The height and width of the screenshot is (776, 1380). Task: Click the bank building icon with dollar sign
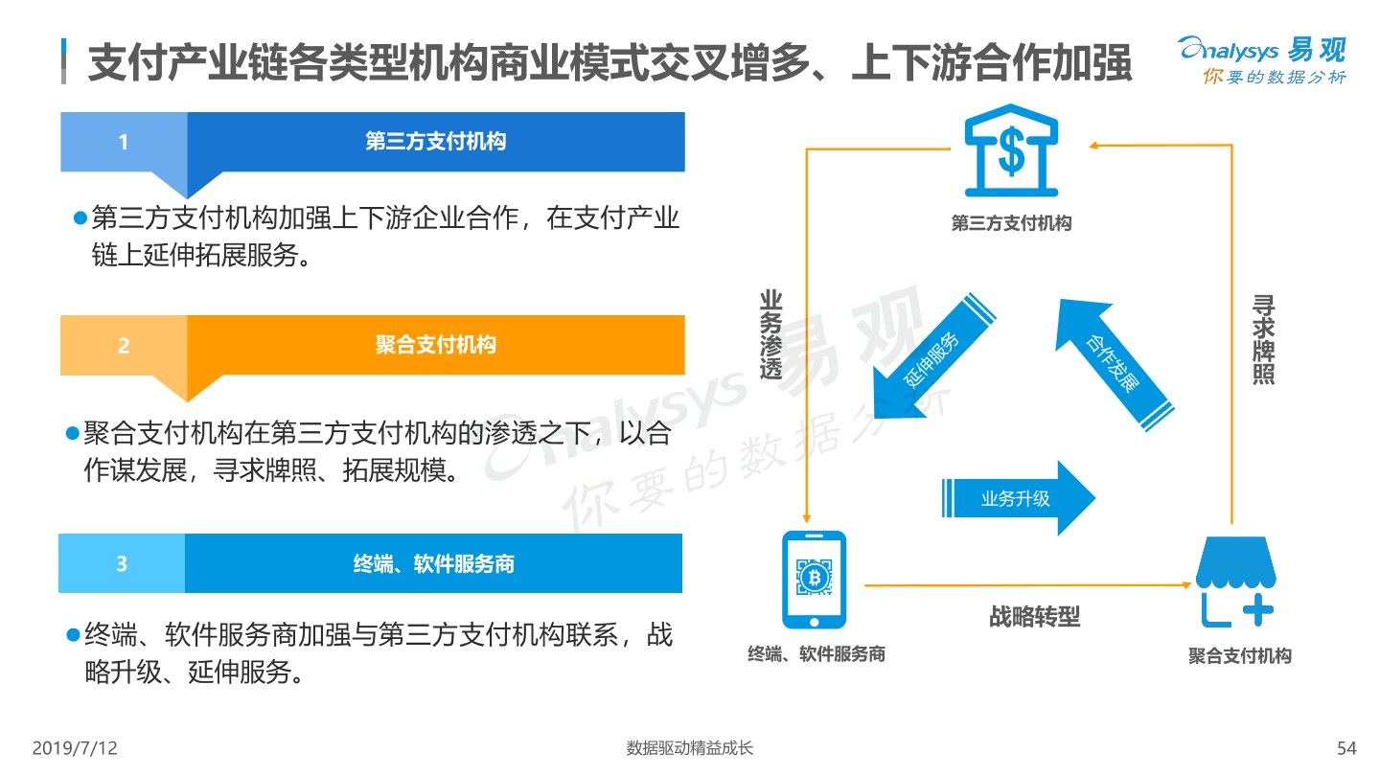(1011, 151)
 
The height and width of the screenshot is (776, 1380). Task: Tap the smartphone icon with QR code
(814, 580)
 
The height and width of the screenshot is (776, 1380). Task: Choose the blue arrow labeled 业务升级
(1019, 497)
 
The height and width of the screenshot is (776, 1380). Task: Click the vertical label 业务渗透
(770, 334)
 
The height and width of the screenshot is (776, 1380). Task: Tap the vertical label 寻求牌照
(1263, 340)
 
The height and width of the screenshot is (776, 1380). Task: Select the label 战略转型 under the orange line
(1034, 617)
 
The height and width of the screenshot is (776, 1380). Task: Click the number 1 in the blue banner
(124, 142)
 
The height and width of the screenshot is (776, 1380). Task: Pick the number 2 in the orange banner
(124, 346)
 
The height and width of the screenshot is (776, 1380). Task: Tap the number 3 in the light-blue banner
(122, 563)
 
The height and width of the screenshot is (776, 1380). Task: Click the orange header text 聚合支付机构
(435, 345)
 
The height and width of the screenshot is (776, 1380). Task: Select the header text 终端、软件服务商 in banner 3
(434, 563)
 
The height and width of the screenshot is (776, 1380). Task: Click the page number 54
(1346, 748)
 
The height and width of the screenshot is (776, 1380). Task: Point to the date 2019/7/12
(75, 748)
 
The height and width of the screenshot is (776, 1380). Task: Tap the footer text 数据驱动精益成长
(689, 748)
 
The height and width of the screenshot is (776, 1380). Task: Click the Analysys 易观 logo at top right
(1263, 59)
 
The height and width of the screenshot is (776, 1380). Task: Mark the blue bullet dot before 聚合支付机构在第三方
(72, 434)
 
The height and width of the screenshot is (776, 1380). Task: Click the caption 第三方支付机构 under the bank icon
(1012, 223)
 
